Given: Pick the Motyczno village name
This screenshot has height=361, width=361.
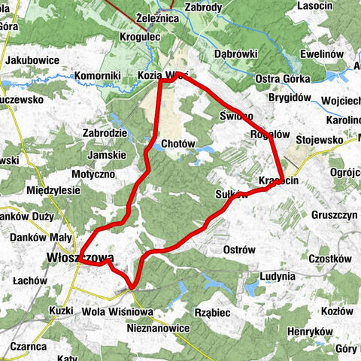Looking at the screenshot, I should point(93,174).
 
